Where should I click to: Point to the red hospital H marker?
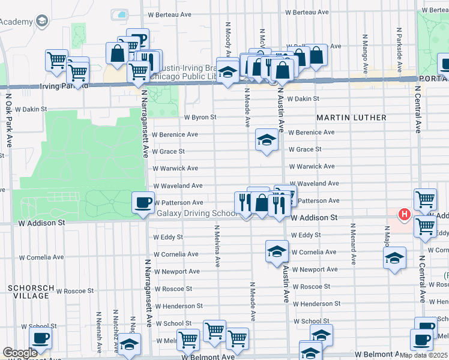tap(405, 214)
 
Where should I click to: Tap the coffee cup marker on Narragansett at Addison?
tap(143, 203)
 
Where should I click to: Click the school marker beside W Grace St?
tap(267, 140)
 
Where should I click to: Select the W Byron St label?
tap(199, 118)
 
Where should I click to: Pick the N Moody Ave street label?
tap(228, 39)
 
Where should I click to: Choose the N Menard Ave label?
tap(354, 244)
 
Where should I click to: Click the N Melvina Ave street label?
tap(217, 246)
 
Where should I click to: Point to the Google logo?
tap(20, 353)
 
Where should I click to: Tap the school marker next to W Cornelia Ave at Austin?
tap(277, 251)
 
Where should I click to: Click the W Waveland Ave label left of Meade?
tap(178, 186)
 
